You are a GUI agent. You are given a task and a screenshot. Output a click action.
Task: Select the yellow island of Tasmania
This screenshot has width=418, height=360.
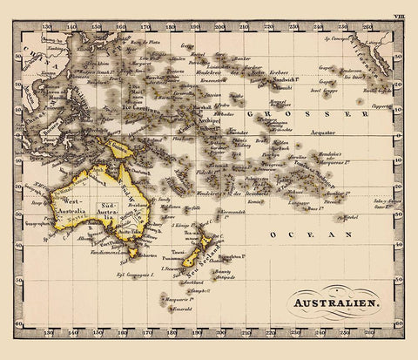point(131,251)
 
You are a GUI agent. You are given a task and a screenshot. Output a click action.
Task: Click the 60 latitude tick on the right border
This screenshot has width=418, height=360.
point(402,323)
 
